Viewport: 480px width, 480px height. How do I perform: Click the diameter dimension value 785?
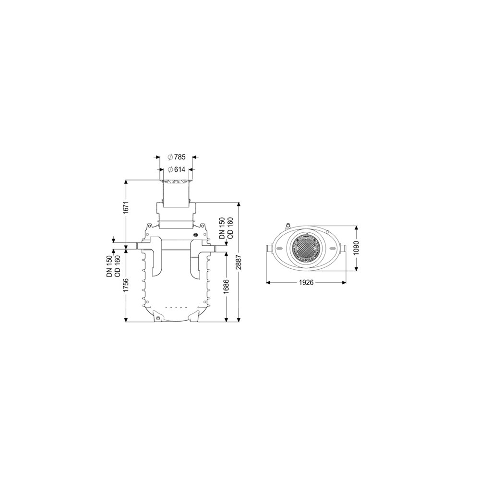[180, 157]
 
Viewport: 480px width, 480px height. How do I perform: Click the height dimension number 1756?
[125, 286]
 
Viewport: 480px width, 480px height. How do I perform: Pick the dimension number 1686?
[227, 286]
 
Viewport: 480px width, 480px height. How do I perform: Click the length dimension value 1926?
[306, 283]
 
